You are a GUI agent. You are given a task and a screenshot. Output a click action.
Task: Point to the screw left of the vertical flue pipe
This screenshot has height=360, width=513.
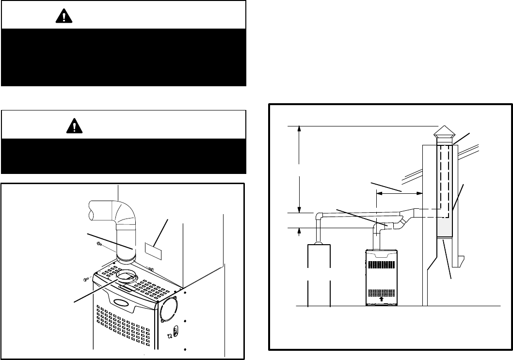pos(99,244)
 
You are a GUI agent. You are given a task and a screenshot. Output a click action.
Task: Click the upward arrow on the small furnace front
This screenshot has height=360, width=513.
pos(382,299)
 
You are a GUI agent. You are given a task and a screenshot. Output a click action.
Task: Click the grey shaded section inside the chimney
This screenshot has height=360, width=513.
pos(445,228)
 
